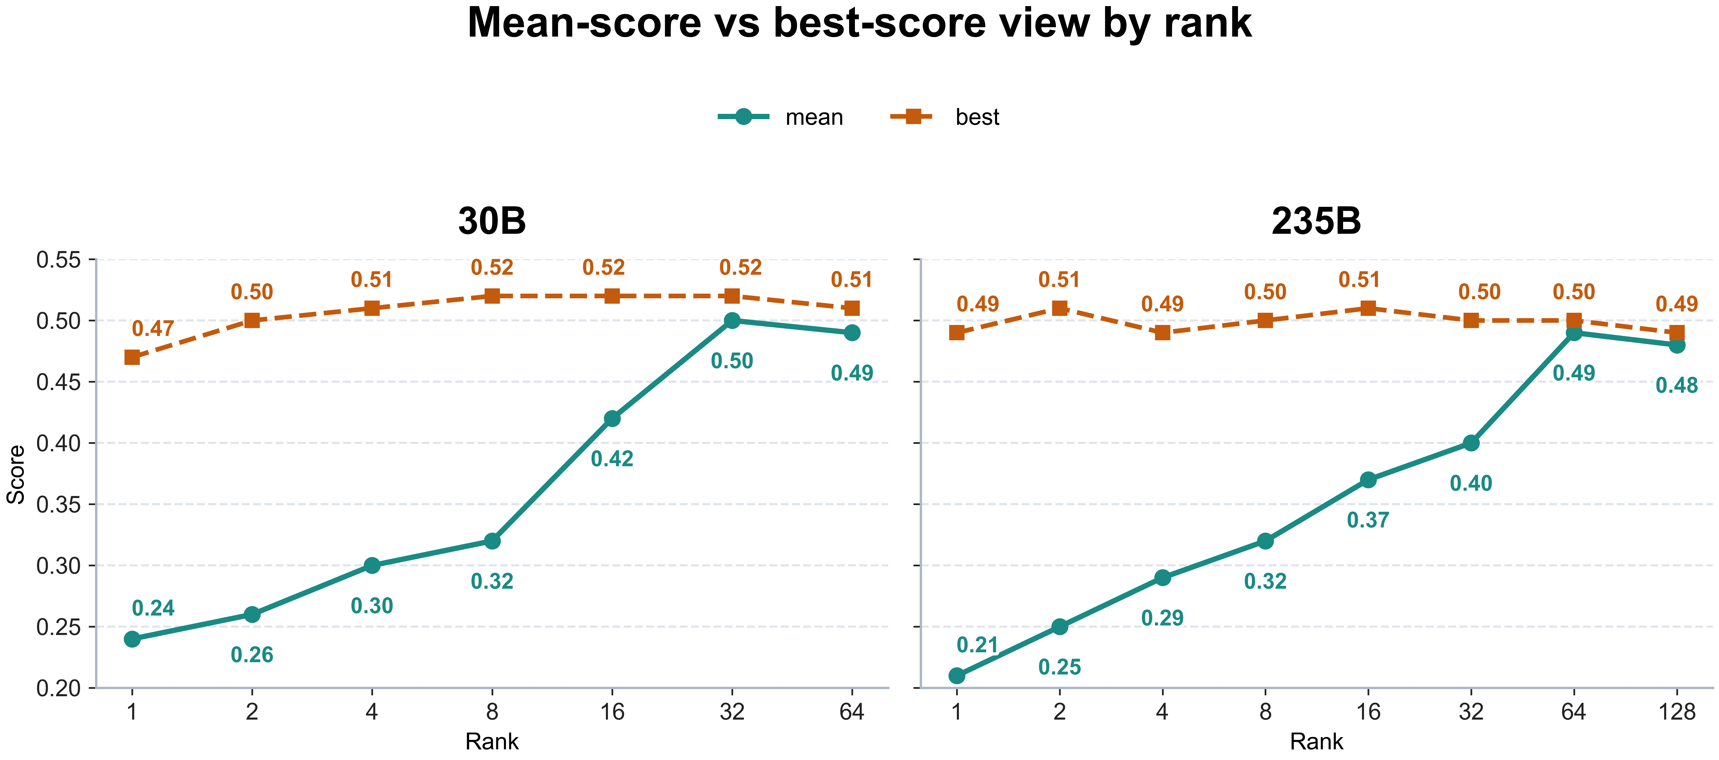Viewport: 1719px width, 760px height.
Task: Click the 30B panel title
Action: click(492, 221)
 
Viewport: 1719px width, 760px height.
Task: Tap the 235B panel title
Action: click(1316, 221)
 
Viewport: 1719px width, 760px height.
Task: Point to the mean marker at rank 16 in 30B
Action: click(612, 418)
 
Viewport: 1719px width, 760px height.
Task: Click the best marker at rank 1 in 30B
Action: click(132, 358)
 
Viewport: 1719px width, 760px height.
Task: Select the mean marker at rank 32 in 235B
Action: click(1471, 443)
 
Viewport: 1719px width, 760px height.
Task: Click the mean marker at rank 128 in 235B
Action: click(1676, 345)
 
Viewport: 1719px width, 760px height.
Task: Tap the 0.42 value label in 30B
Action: click(612, 459)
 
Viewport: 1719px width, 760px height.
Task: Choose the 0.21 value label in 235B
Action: click(978, 645)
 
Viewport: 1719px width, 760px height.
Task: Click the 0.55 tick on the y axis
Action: click(58, 260)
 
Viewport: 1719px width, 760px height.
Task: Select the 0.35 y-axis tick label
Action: click(58, 504)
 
